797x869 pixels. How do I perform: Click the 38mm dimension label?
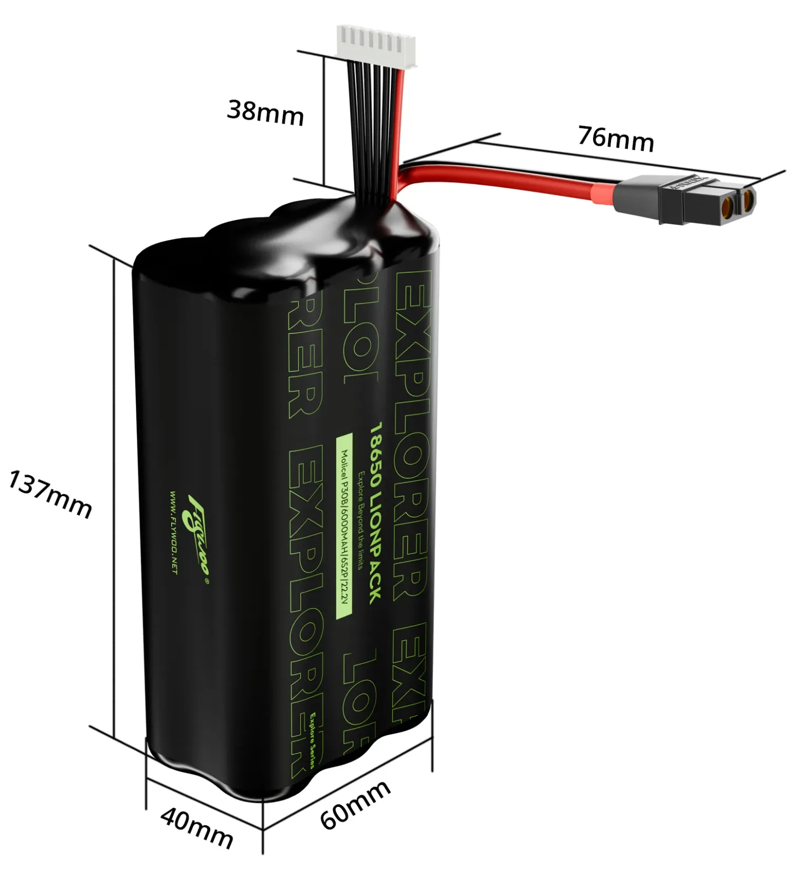pos(265,114)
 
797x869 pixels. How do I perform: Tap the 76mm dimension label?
pos(615,139)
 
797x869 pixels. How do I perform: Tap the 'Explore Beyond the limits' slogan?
pos(361,519)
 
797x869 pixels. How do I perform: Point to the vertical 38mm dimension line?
pos(322,118)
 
